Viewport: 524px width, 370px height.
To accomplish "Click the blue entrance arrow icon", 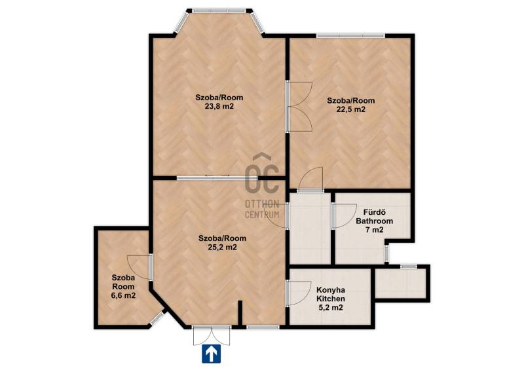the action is pos(211,354).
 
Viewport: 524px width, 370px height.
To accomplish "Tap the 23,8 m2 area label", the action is pos(219,107).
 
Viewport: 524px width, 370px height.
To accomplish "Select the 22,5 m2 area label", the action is pos(351,109).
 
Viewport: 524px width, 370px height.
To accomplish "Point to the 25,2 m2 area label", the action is pos(222,248).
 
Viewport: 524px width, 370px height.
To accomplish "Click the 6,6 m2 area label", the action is pos(123,295).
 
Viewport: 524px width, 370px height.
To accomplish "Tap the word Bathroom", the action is pos(374,221).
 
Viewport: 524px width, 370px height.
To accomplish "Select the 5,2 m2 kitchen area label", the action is pos(331,308).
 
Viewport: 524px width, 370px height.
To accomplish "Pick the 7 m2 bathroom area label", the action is pos(374,230).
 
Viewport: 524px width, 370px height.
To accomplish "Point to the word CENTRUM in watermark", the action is pos(262,215).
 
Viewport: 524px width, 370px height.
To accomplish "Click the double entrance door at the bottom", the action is pos(212,335).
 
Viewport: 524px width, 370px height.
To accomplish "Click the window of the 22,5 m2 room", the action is pos(350,35).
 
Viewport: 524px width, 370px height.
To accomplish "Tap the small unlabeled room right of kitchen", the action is pos(400,283).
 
